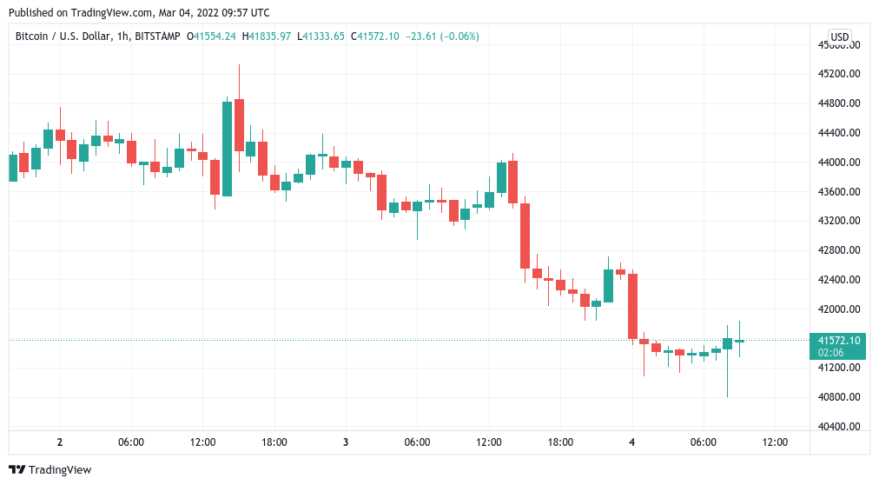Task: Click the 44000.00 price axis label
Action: tap(839, 163)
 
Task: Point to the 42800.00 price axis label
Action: tap(839, 250)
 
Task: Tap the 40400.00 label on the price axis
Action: tap(839, 427)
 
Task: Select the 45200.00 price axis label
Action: tap(839, 73)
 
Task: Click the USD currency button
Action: tap(840, 37)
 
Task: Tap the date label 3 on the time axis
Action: tap(346, 442)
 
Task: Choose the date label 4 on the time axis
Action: tap(631, 442)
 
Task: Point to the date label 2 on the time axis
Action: tap(59, 442)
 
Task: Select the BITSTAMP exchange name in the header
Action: tap(159, 37)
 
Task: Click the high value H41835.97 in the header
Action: tap(267, 37)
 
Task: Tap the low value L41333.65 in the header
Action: tap(321, 37)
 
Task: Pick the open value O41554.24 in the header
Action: tap(212, 37)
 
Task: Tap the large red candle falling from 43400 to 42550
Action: tap(525, 236)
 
